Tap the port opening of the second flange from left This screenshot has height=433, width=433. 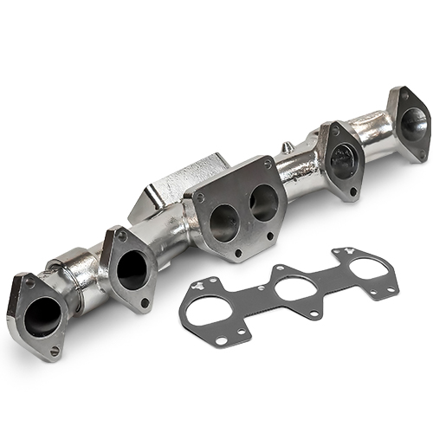[x=131, y=269]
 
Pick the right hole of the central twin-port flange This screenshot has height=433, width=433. [x=262, y=203]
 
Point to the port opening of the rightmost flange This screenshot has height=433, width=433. [x=413, y=124]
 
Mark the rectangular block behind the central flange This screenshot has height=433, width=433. [x=170, y=184]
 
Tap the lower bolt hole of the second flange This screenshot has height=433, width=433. [x=145, y=302]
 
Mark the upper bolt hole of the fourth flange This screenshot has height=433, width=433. [x=331, y=131]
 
